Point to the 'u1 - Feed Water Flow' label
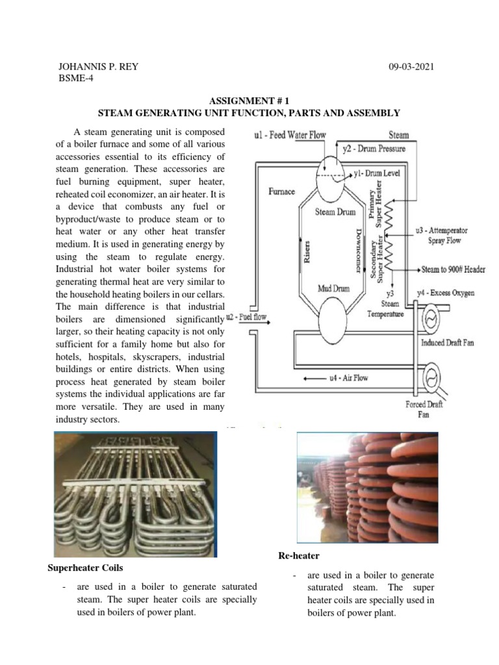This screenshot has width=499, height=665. tap(293, 136)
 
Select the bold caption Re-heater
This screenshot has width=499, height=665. tap(300, 557)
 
